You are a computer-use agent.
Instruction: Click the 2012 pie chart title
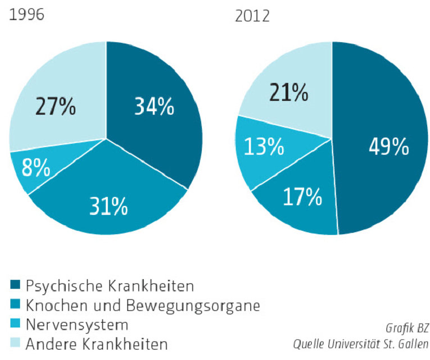(252, 16)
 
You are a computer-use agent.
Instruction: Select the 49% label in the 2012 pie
(388, 147)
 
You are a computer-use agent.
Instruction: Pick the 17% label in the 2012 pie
(303, 197)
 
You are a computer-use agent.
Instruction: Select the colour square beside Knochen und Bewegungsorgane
(15, 306)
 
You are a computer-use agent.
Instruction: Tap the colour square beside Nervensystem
(15, 325)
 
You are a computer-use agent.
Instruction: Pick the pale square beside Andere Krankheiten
(15, 343)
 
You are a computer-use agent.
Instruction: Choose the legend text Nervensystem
(78, 325)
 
